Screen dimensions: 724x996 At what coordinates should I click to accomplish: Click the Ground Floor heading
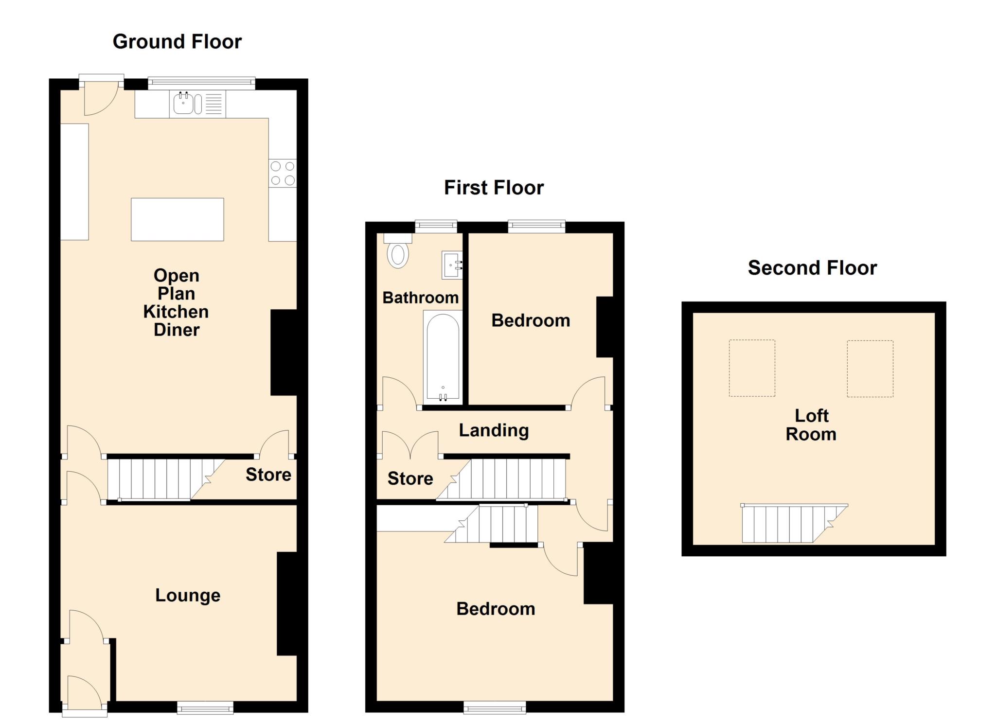coord(177,42)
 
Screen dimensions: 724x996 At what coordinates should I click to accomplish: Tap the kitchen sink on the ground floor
coord(184,104)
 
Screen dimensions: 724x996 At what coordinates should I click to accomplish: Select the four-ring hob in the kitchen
coord(283,173)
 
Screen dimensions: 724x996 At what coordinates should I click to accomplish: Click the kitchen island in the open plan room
coord(177,219)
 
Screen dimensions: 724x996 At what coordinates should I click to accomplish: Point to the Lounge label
coord(188,595)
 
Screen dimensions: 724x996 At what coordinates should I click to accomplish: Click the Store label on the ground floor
coord(268,475)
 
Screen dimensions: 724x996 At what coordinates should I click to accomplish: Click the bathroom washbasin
coord(451,265)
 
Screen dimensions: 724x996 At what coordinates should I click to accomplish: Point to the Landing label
coord(494,430)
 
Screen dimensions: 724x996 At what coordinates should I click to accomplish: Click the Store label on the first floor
coord(410,478)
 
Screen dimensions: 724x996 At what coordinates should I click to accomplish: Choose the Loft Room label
coord(811,425)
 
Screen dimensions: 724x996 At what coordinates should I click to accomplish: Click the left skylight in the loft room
coord(751,368)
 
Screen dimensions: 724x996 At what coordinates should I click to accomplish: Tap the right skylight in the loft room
coord(870,368)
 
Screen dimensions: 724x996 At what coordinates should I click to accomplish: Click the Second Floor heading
coord(812,268)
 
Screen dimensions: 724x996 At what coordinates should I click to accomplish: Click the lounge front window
coord(205,707)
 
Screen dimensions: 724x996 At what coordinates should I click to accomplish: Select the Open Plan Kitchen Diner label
coord(176,302)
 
